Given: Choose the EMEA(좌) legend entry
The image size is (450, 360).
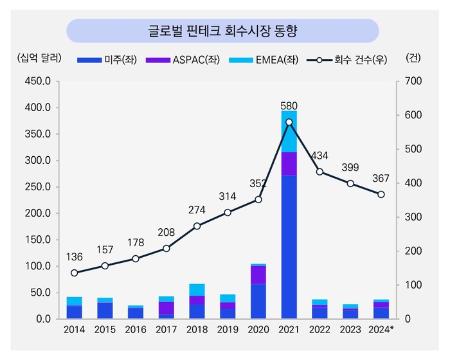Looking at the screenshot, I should coord(258,60).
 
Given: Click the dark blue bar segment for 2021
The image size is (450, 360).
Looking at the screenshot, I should coord(289,247).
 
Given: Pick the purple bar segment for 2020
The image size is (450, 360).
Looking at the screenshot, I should coord(258,274).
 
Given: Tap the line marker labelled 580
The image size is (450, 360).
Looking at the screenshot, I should coord(289,122).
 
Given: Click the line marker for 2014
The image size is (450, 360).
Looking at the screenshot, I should coord(74,273).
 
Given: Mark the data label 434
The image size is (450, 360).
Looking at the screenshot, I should coord(319,156).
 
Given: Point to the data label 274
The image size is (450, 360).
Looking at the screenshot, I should coord(197,210).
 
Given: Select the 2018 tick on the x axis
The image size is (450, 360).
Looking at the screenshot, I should coord(197,330).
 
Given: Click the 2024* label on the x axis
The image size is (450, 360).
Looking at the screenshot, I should coord(381,330).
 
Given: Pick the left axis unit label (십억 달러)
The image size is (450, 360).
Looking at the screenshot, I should coord(40,57).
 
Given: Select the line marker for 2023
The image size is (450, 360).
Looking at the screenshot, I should coord(350,183).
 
